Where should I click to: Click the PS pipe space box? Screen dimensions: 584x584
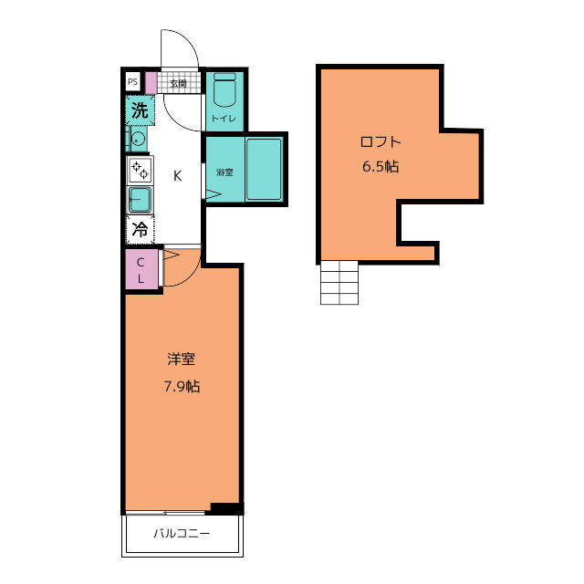132,81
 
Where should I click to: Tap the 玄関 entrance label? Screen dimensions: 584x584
178,83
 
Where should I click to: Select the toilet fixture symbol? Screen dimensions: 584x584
224,89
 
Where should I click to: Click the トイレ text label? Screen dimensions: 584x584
224,119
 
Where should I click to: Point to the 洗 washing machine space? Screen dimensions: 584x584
140,110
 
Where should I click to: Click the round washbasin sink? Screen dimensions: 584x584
138,140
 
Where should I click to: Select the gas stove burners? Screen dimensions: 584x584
140,170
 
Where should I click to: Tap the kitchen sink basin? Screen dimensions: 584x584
140,199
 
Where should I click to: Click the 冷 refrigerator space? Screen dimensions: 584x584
140,229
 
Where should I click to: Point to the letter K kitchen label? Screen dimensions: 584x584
178,175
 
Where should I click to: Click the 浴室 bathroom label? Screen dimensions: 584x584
224,172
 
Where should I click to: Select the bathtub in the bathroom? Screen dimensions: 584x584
264,170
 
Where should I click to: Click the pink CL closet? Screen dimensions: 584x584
141,269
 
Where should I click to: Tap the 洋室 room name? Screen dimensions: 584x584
181,359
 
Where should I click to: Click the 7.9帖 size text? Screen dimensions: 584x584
182,387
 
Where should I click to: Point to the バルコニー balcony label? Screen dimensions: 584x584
182,533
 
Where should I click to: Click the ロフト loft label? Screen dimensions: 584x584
381,142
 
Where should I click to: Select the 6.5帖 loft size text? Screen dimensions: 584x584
381,166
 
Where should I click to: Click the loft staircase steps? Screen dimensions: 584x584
339,283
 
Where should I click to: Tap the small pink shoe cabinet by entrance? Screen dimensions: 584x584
151,83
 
